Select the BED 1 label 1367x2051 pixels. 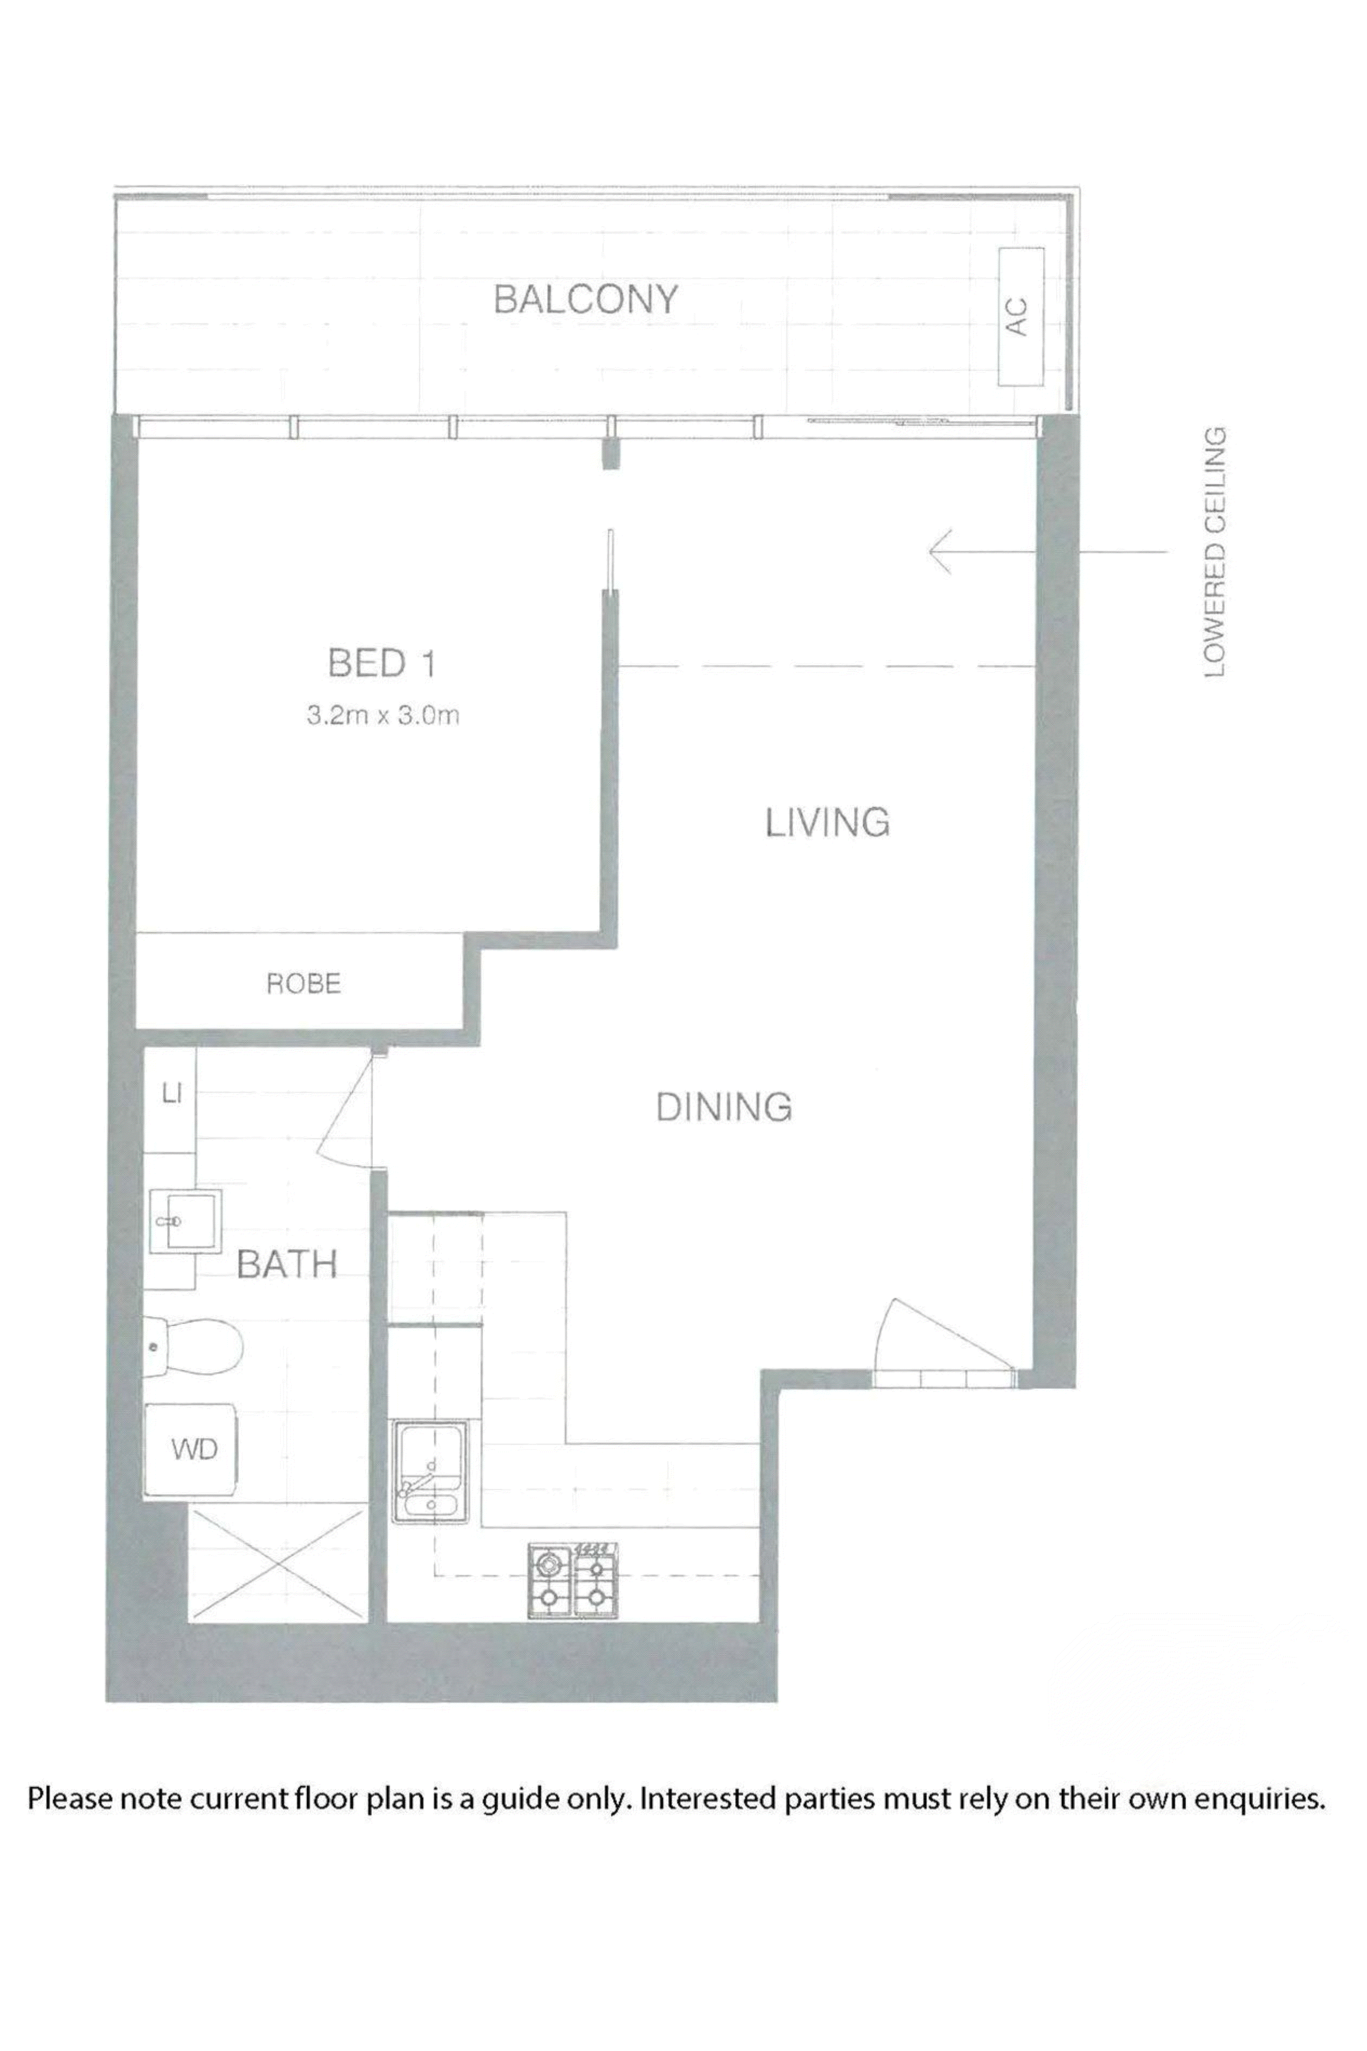click(x=381, y=664)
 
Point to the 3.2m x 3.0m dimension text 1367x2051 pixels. click(x=383, y=716)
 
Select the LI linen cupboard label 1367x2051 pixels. click(x=172, y=1093)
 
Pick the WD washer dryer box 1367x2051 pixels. click(x=194, y=1450)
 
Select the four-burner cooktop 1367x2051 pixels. click(x=573, y=1579)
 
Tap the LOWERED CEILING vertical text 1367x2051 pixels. click(x=1215, y=552)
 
